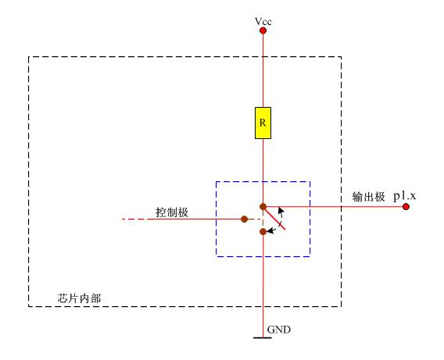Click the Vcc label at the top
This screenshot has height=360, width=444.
pyautogui.click(x=263, y=22)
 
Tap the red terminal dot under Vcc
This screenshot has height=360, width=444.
pyautogui.click(x=263, y=30)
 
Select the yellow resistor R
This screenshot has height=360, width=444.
pyautogui.click(x=263, y=123)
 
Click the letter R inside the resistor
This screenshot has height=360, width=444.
pyautogui.click(x=263, y=123)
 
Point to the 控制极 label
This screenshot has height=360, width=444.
pyautogui.click(x=172, y=212)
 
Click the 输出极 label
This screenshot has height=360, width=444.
pyautogui.click(x=369, y=197)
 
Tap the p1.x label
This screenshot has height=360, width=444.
pyautogui.click(x=405, y=196)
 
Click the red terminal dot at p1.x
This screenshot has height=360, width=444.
pyautogui.click(x=406, y=207)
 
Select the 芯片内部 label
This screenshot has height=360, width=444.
pyautogui.click(x=79, y=298)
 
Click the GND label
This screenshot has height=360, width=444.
pyautogui.click(x=279, y=330)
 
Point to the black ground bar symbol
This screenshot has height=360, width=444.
pyautogui.click(x=263, y=337)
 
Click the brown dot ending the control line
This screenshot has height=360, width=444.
pyautogui.click(x=245, y=219)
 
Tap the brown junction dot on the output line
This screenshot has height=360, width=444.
pyautogui.click(x=263, y=207)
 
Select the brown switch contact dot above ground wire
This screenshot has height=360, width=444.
pyautogui.click(x=263, y=232)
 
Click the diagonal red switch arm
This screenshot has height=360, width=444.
pyautogui.click(x=274, y=218)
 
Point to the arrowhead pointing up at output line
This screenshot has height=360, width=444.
pyautogui.click(x=281, y=211)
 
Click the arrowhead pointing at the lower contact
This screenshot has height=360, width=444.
pyautogui.click(x=270, y=231)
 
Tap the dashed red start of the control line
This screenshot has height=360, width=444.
pyautogui.click(x=134, y=219)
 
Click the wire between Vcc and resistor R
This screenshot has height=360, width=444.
pyautogui.click(x=263, y=70)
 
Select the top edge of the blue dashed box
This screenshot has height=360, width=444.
pyautogui.click(x=263, y=181)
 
